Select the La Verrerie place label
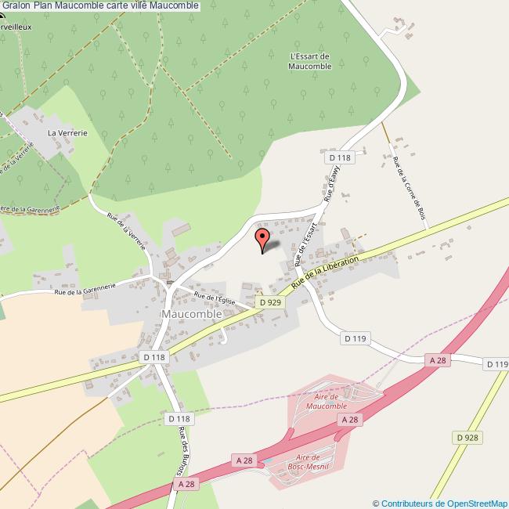pos(67,133)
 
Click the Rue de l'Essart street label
pos(306,243)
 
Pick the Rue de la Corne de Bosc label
pos(410,188)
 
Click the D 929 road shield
pos(269,301)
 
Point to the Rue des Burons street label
pos(185,447)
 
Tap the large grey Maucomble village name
pos(191,313)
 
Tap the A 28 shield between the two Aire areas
pos(350,421)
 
